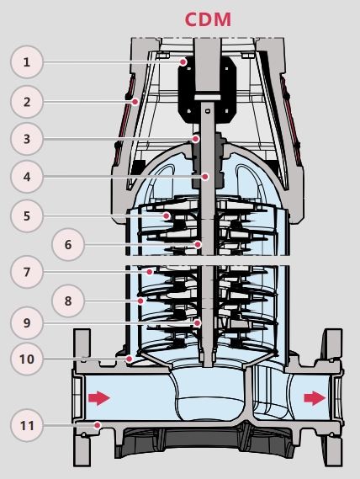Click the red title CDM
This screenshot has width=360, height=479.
point(208,19)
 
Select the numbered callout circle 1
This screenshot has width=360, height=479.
point(27,62)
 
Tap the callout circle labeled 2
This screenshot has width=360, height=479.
point(27,102)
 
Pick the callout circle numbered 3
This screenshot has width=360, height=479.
point(27,139)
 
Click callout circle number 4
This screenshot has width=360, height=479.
point(27,177)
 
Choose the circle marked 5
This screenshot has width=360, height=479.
point(27,216)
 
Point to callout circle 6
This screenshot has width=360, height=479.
point(68,244)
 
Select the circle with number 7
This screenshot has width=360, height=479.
point(27,272)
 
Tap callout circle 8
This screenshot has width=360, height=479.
point(68,301)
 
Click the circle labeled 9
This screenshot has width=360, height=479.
point(27,323)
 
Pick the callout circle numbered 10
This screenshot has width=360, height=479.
point(27,359)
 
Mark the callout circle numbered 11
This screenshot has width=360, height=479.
point(27,425)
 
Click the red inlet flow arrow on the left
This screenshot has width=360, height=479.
point(99,398)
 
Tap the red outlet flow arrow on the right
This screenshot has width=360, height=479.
point(315,398)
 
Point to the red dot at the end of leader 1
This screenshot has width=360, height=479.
point(183,62)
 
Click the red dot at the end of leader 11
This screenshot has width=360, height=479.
point(98,425)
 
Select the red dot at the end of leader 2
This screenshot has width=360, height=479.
point(135,101)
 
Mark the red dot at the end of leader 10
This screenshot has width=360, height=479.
point(130,359)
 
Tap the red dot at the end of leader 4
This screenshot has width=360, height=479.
point(205,176)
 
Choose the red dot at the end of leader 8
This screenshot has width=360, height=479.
point(140,301)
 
